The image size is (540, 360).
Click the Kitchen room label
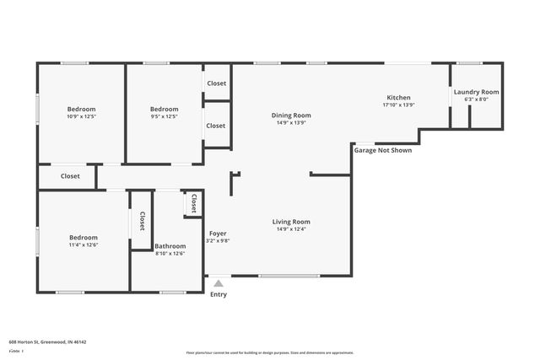[x=398, y=98]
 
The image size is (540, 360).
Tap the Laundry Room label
[x=476, y=92]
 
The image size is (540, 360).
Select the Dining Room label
[x=291, y=116]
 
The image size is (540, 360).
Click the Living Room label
[x=291, y=222]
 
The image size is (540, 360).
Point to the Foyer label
[x=218, y=233]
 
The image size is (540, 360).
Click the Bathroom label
[x=170, y=246]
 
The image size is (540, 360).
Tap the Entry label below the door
[x=219, y=294]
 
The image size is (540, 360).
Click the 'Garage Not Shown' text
[x=382, y=151]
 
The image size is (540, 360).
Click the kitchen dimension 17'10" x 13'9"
[x=398, y=105]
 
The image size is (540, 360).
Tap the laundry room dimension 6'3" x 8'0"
[x=476, y=99]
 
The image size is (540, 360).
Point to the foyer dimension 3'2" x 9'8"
[x=218, y=240]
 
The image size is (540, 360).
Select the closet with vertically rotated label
[x=141, y=221]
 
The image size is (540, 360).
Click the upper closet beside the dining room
[x=216, y=83]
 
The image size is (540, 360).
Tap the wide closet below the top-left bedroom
[x=69, y=176]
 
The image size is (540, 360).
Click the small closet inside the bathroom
[x=193, y=203]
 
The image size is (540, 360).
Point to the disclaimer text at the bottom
[x=269, y=352]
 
